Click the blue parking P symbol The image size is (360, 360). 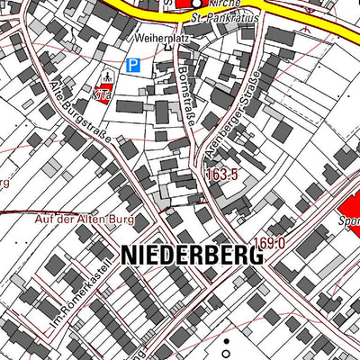[133, 65]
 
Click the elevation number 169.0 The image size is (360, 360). [269, 242]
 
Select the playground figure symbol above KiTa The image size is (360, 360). [107, 76]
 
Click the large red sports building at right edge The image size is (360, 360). [349, 212]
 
